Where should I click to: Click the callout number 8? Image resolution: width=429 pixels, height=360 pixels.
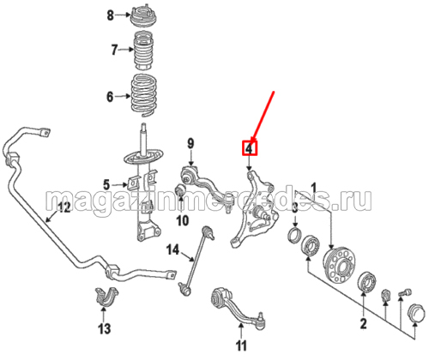point(111,15)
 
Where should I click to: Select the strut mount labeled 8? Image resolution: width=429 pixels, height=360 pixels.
point(143,18)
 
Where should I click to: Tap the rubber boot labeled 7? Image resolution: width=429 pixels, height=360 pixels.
point(143,51)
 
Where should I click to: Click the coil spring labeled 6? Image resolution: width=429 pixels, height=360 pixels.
point(144,95)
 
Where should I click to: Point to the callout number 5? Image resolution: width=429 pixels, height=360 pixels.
point(106,184)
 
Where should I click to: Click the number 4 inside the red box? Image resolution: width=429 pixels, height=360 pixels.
point(250,148)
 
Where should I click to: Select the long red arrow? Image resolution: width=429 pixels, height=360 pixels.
point(263,116)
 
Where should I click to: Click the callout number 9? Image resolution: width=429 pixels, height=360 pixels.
point(190,143)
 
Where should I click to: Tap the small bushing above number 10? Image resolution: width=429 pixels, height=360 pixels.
point(180,190)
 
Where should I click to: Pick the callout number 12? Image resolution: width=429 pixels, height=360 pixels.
point(63,207)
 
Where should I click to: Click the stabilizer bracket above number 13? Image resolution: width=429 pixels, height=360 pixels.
point(106,297)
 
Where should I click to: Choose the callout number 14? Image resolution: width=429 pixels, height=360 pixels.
point(172,250)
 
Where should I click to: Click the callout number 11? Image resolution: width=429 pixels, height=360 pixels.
point(241,345)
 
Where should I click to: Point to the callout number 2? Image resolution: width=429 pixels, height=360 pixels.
point(363,324)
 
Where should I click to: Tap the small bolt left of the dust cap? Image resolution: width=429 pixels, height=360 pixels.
point(404,292)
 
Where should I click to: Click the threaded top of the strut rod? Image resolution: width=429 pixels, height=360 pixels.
point(143,128)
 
